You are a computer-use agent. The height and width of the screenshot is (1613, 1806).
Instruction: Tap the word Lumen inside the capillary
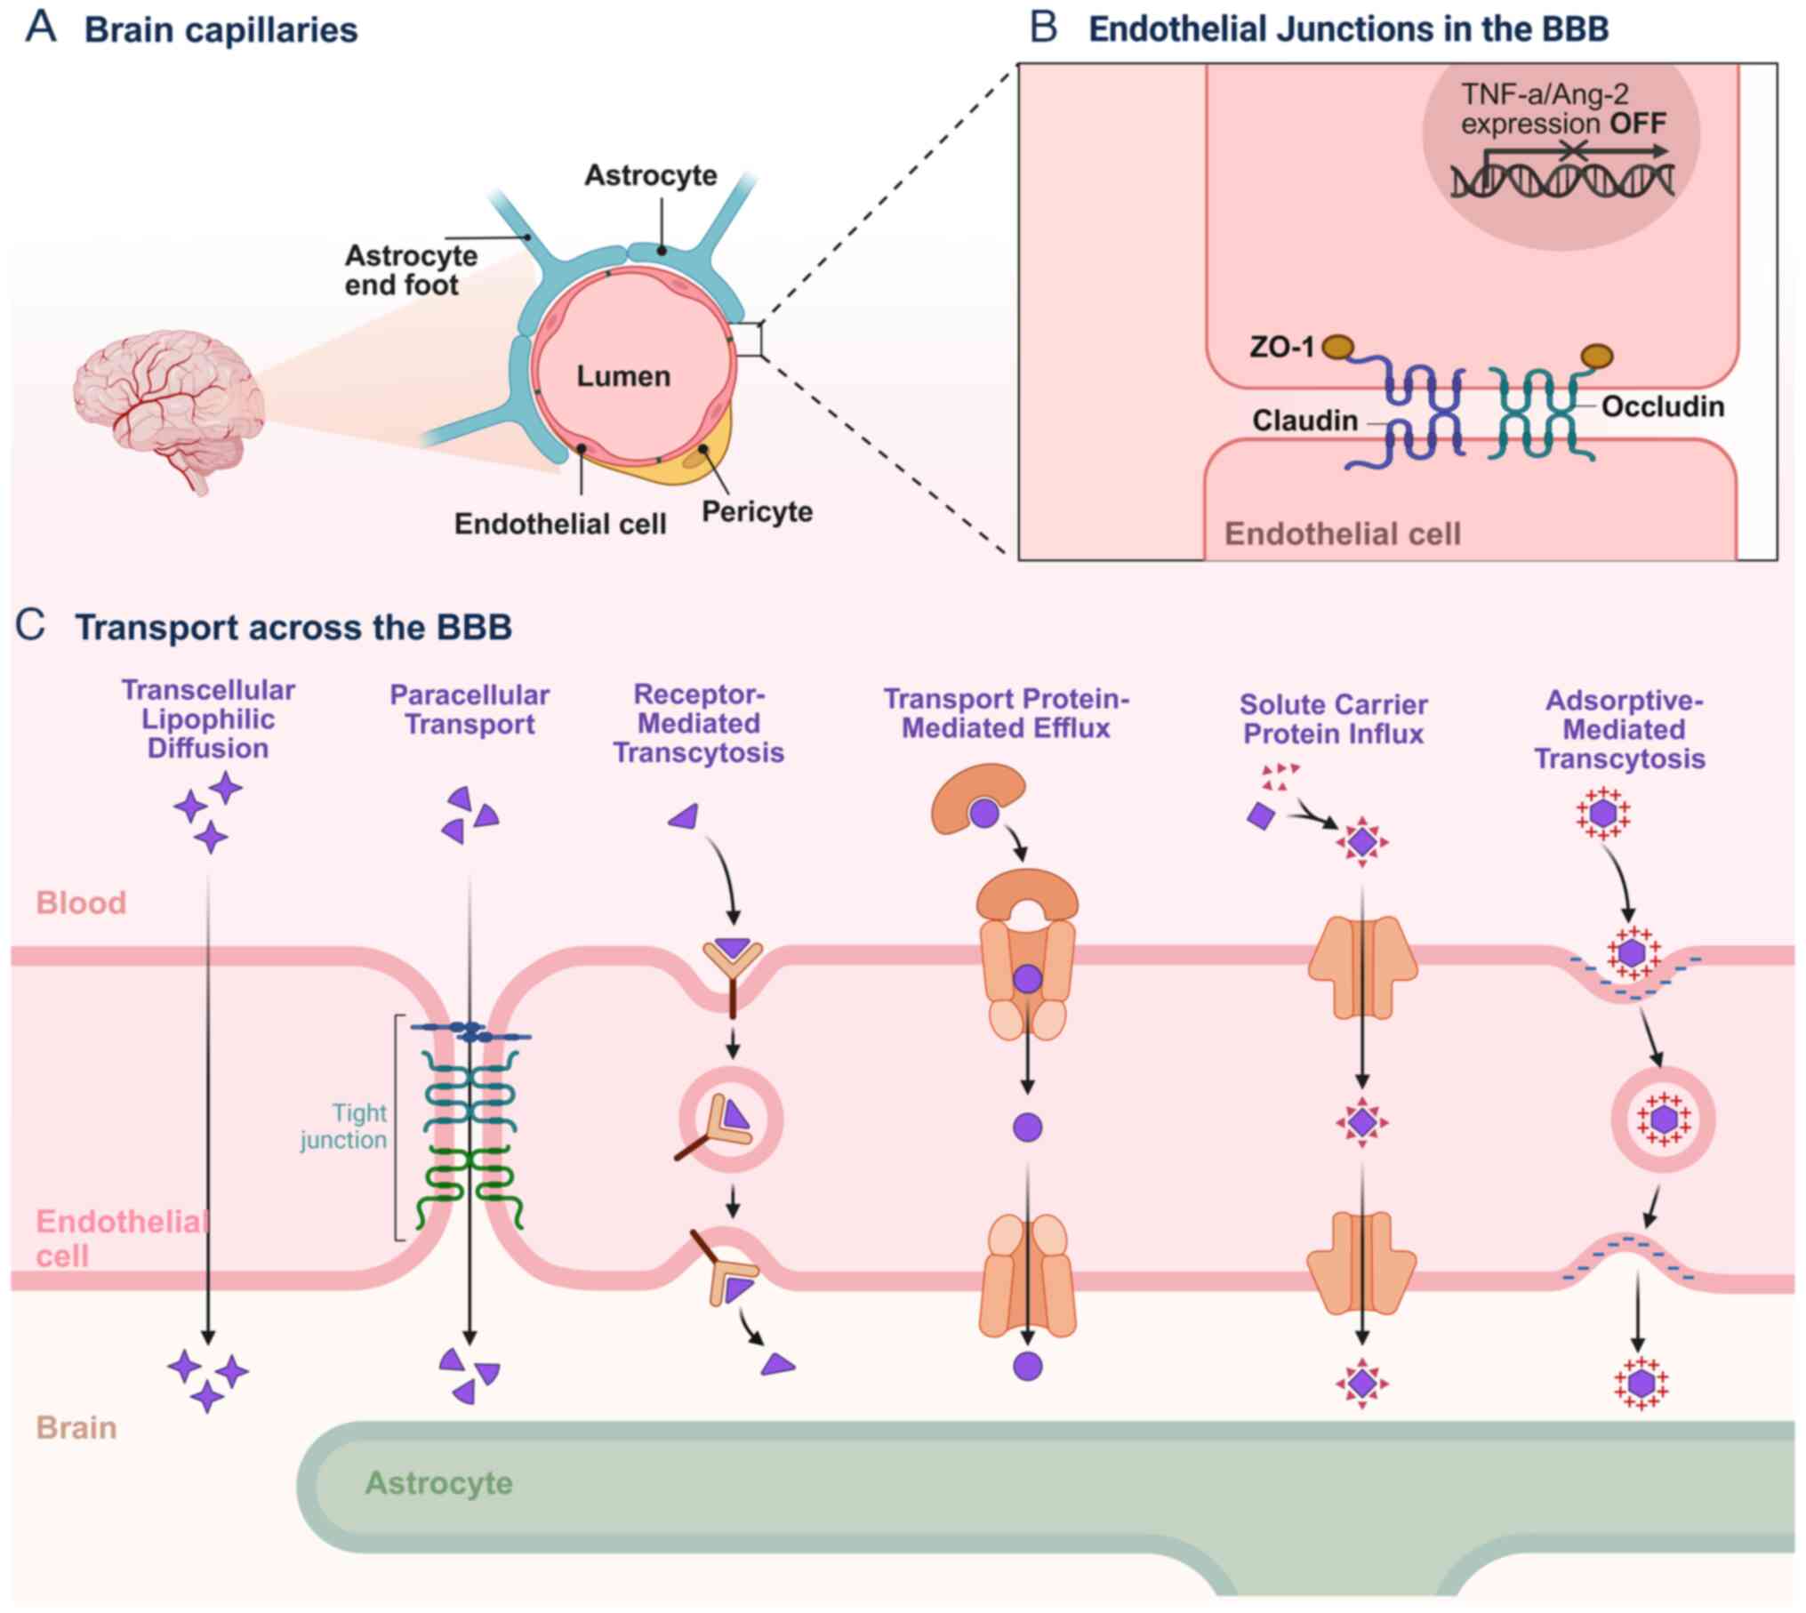pos(623,376)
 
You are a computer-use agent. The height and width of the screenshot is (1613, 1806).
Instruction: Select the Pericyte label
pos(757,511)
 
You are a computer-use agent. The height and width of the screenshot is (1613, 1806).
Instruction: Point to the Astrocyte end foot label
pos(410,270)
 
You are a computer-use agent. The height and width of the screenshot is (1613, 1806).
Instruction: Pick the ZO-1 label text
pos(1281,347)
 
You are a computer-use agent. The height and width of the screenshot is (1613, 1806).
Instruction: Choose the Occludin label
pos(1662,406)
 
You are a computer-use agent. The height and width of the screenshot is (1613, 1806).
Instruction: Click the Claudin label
pos(1304,420)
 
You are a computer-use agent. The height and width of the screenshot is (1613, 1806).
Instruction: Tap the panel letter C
pos(31,625)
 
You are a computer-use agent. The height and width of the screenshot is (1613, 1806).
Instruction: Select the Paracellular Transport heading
pos(470,710)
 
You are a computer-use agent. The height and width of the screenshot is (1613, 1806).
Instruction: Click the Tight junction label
pos(344,1126)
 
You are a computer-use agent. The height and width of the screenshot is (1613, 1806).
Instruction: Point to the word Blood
pos(81,903)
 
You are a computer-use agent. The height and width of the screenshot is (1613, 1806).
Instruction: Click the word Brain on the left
pos(76,1427)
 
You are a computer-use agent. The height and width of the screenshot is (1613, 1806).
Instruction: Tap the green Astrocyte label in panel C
pos(438,1482)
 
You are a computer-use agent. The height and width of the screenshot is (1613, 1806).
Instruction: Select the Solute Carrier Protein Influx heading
pos(1333,718)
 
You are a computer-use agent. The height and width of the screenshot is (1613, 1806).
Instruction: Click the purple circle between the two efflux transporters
pos(1027,1127)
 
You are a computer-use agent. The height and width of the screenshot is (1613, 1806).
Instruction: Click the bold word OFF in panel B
pos(1638,123)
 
